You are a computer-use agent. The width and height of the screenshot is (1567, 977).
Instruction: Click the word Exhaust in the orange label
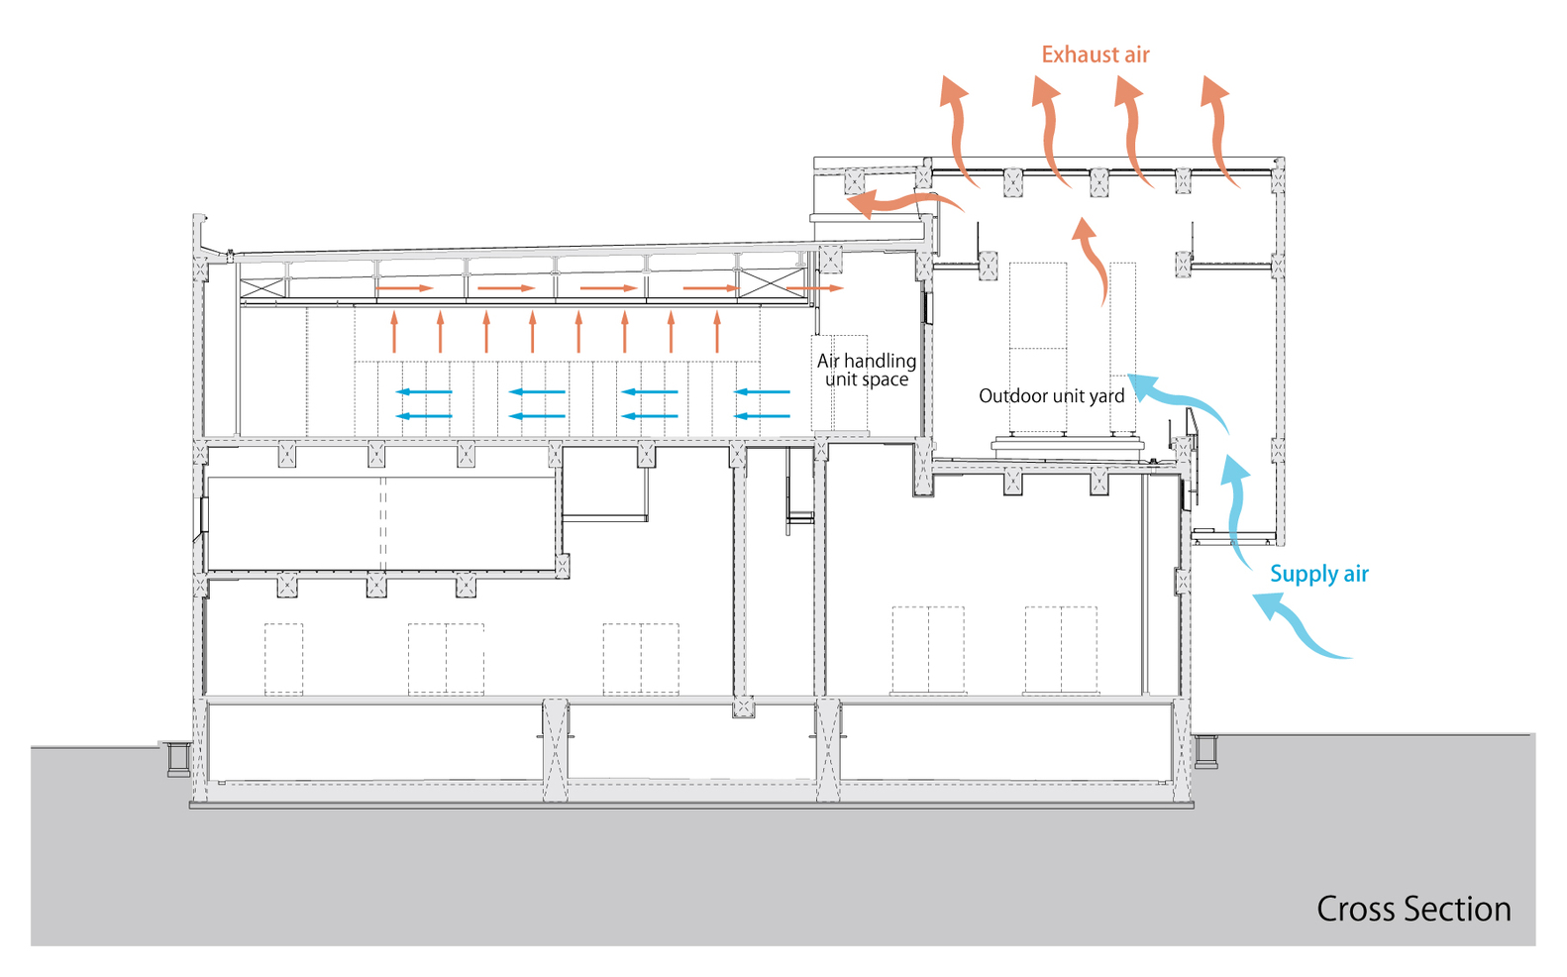[x=1078, y=54]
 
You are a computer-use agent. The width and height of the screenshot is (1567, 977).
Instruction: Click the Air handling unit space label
[x=867, y=370]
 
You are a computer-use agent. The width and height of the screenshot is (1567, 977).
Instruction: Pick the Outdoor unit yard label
[x=1051, y=396]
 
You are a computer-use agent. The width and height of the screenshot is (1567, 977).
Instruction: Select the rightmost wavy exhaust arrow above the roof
[x=1220, y=129]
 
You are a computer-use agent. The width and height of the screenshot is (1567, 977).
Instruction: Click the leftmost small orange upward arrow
[x=394, y=332]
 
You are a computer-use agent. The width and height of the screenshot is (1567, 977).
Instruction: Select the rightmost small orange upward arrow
[x=717, y=332]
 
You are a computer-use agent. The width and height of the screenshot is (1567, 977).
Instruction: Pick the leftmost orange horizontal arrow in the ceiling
[x=404, y=288]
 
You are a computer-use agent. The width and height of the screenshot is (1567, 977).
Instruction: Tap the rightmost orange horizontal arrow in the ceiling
[x=814, y=288]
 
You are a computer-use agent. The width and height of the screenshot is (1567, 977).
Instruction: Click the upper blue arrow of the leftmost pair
[x=424, y=391]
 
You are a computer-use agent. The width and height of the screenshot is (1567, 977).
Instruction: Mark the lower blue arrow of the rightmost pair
[x=763, y=415]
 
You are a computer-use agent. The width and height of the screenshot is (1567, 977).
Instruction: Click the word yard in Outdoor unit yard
[x=1106, y=396]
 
